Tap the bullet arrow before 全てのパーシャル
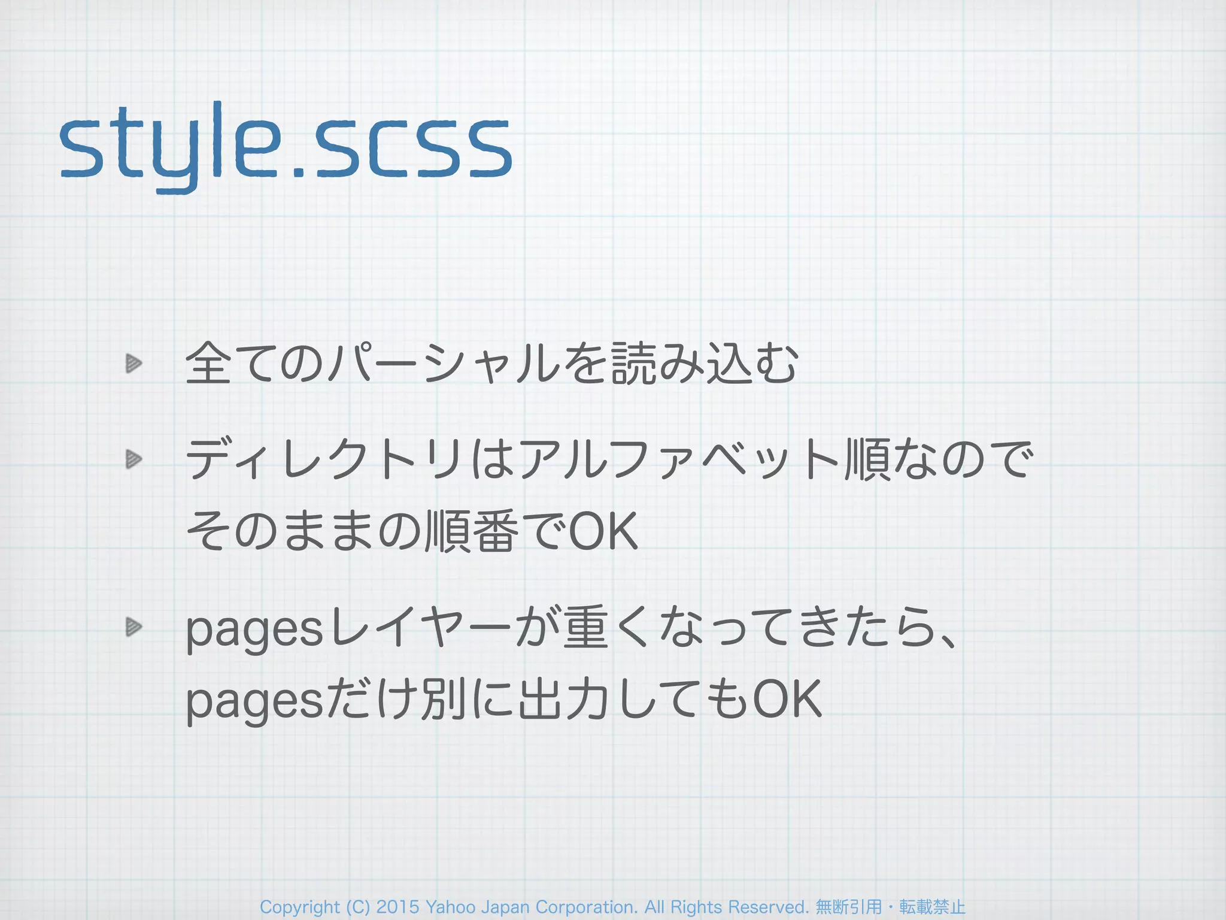pos(133,363)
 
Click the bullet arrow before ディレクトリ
pos(133,459)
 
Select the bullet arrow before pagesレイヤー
pos(133,627)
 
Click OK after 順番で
pos(603,531)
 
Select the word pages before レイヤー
pos(254,631)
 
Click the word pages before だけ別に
pos(254,702)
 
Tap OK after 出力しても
pos(787,699)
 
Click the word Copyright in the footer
pos(299,907)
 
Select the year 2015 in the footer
pos(397,907)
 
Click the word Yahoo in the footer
pos(447,907)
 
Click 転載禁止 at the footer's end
pos(932,907)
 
